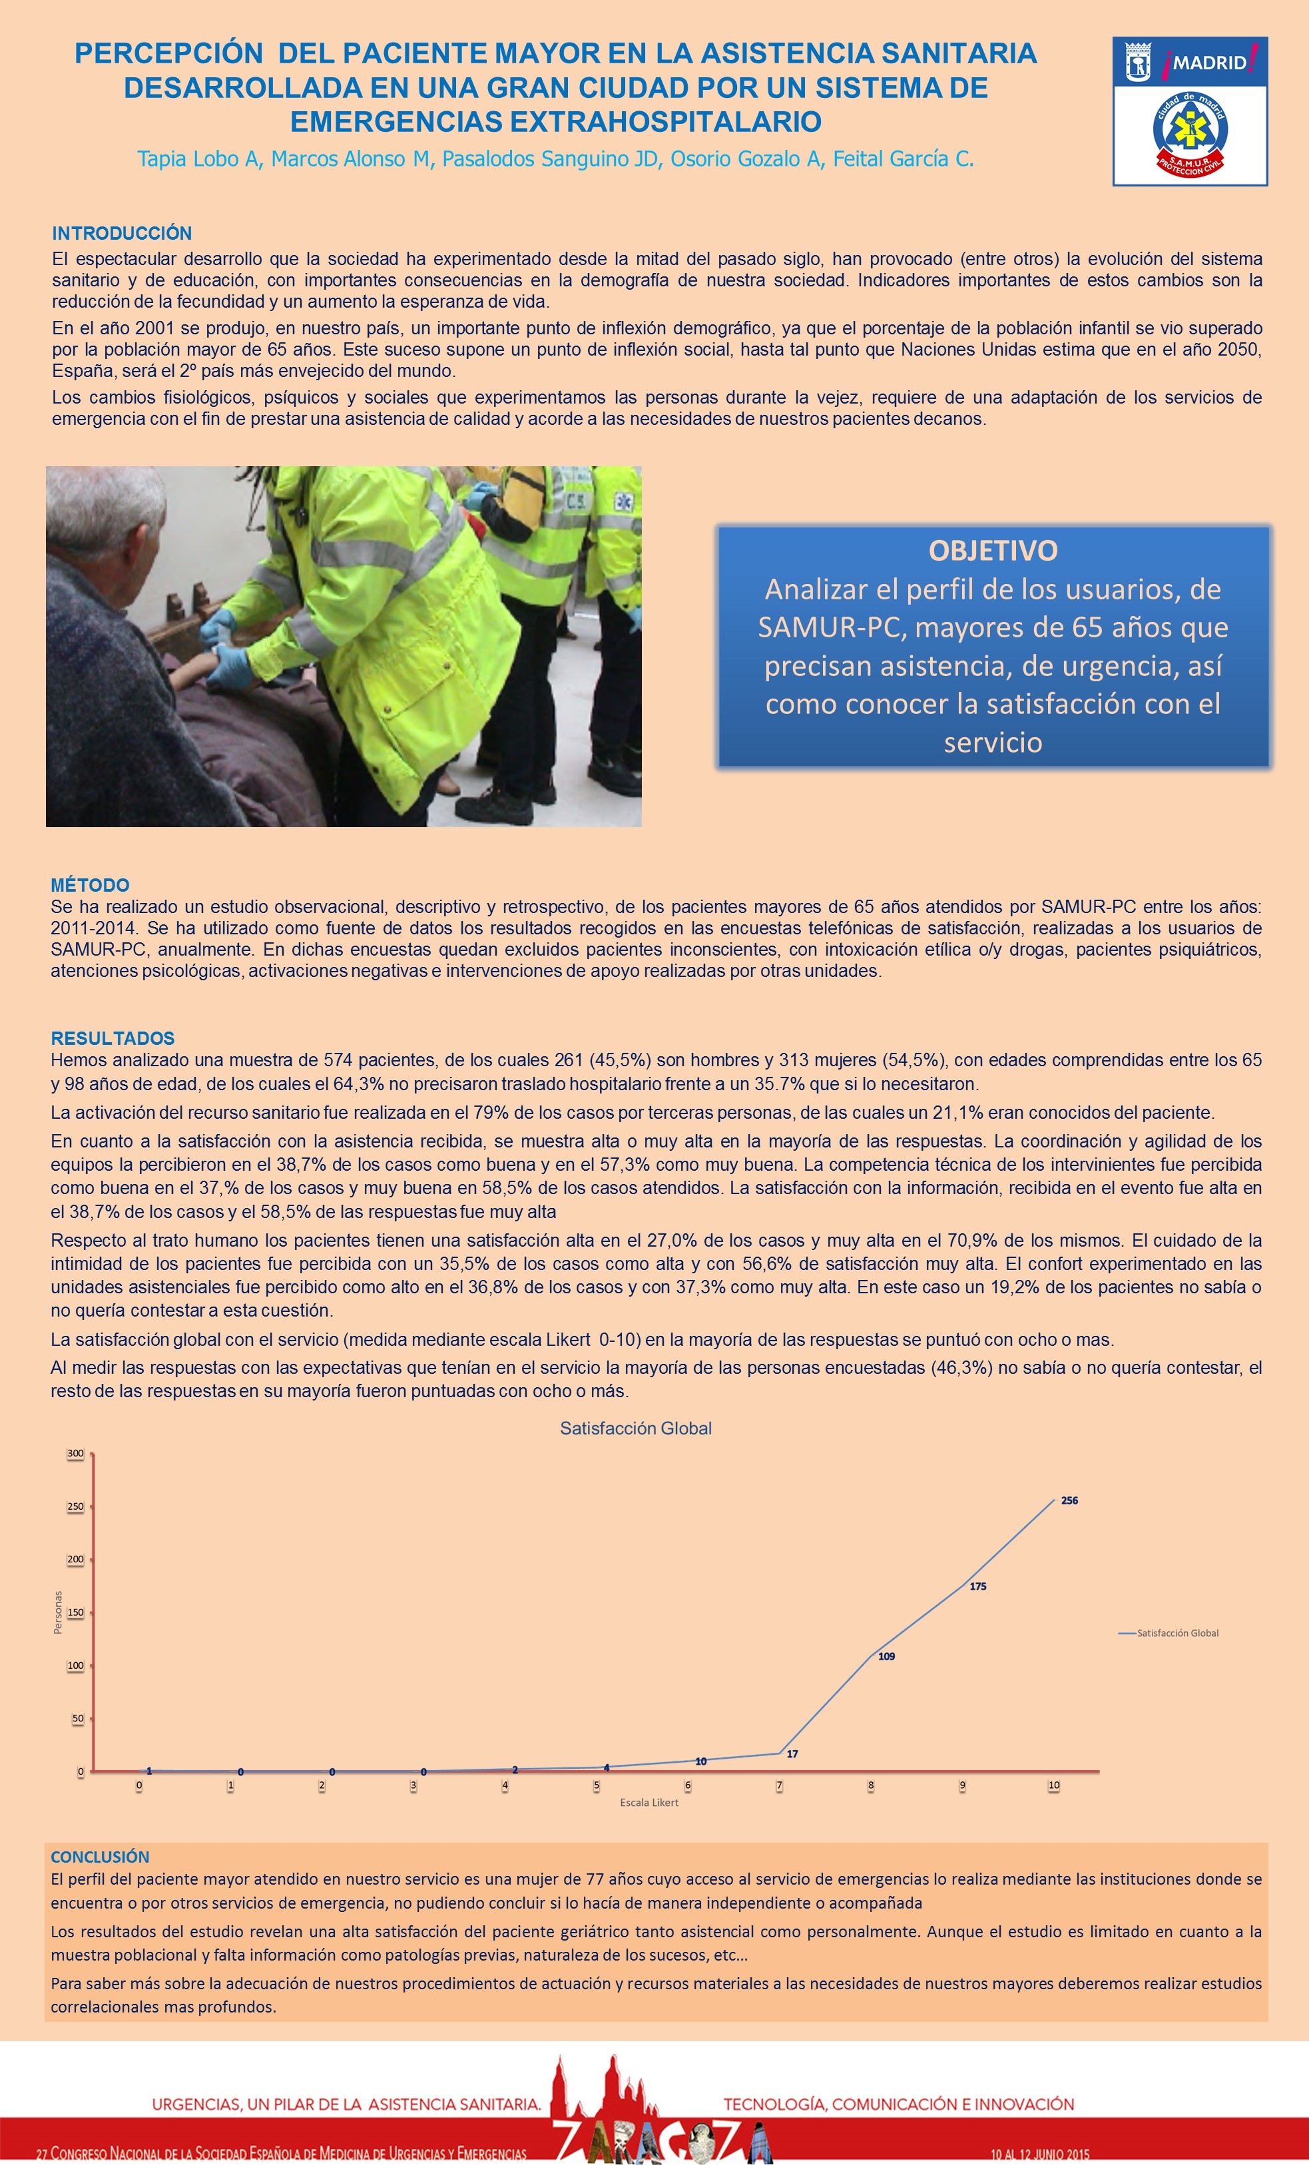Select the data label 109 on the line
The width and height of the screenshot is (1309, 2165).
pyautogui.click(x=886, y=1656)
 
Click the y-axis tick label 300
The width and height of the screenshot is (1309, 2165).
pyautogui.click(x=75, y=1453)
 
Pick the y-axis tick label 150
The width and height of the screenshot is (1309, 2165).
pyautogui.click(x=75, y=1612)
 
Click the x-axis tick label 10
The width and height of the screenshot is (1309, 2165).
pyautogui.click(x=1053, y=1785)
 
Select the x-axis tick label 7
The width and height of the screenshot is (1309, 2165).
pyautogui.click(x=779, y=1785)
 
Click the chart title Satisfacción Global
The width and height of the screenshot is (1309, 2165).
pyautogui.click(x=635, y=1428)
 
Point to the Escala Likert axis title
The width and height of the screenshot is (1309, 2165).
pyautogui.click(x=649, y=1802)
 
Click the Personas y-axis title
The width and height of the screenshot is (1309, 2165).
pyautogui.click(x=58, y=1612)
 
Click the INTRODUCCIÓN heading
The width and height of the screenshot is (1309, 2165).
pyautogui.click(x=121, y=233)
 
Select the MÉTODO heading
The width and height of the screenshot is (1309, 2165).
pyautogui.click(x=90, y=885)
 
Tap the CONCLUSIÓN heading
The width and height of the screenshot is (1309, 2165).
pyautogui.click(x=99, y=1857)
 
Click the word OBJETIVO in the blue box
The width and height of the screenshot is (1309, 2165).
pyautogui.click(x=993, y=551)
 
